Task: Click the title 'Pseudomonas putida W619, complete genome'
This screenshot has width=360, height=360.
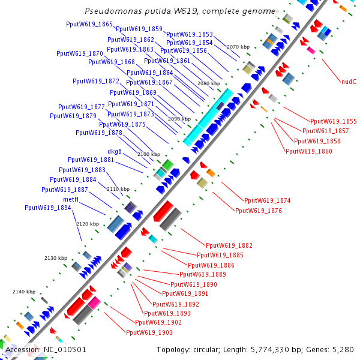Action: (180, 11)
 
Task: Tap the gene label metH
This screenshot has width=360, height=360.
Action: (71, 199)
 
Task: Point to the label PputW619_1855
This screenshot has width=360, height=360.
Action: (333, 121)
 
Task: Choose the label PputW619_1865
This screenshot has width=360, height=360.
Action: (89, 25)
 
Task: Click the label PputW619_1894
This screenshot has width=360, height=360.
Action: (47, 208)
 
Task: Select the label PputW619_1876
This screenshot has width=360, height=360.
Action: (258, 211)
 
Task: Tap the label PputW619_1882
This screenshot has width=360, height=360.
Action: (229, 245)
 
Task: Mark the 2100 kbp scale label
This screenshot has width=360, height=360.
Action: (149, 155)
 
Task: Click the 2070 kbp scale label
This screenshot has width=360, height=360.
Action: (238, 47)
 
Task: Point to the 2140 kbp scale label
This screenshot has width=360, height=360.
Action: (24, 292)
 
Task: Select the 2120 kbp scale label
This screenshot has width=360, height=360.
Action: (87, 224)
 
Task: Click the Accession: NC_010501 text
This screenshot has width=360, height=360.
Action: (46, 349)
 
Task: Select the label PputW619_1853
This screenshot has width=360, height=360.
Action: (189, 34)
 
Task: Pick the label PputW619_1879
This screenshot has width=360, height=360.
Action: (73, 116)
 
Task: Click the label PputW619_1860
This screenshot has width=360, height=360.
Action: (308, 151)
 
